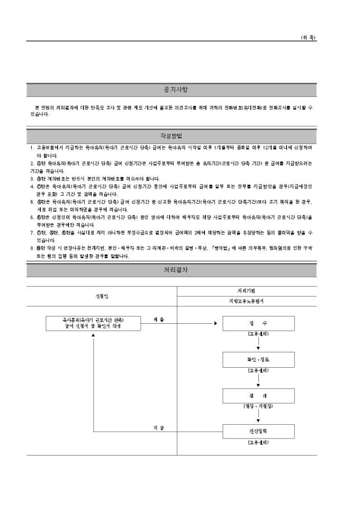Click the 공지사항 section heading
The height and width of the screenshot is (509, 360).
(x=173, y=89)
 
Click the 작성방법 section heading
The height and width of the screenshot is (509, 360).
(x=173, y=136)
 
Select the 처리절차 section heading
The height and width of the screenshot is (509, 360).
(x=173, y=270)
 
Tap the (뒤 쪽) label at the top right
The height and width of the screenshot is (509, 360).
(x=308, y=38)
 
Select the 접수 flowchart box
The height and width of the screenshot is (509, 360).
(x=258, y=323)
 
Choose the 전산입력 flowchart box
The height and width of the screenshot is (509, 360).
(x=258, y=431)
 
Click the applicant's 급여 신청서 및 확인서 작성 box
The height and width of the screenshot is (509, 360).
(x=93, y=323)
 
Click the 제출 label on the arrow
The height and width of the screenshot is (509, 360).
(x=158, y=319)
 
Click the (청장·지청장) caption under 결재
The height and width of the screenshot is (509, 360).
(x=258, y=406)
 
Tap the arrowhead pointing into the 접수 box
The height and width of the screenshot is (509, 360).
(x=215, y=323)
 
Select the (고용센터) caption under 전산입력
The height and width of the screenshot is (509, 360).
(x=258, y=442)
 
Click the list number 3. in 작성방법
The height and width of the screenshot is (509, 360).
(x=32, y=178)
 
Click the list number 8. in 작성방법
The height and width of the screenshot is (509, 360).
(x=32, y=247)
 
